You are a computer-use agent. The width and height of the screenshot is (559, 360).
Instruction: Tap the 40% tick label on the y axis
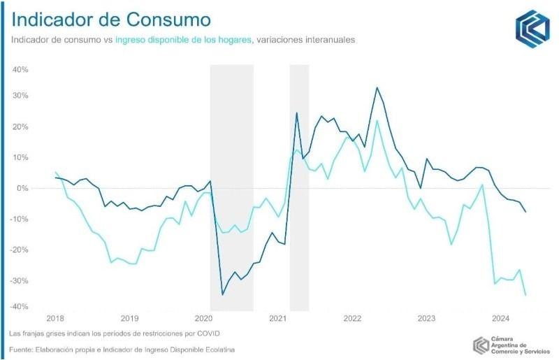point(19,70)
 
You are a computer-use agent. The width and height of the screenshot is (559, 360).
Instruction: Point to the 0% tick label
point(22,188)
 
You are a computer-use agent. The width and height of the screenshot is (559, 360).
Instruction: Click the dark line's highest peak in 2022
point(377,87)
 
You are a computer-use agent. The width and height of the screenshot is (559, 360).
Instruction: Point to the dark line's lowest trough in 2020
point(222,294)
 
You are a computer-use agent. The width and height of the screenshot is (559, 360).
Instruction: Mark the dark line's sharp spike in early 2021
point(297,113)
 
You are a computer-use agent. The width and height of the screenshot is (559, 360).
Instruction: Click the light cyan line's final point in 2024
point(525,295)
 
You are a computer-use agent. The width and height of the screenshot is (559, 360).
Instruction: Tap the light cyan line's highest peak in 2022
point(377,120)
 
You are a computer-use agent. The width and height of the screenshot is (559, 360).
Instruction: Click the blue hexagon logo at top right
point(532,29)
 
